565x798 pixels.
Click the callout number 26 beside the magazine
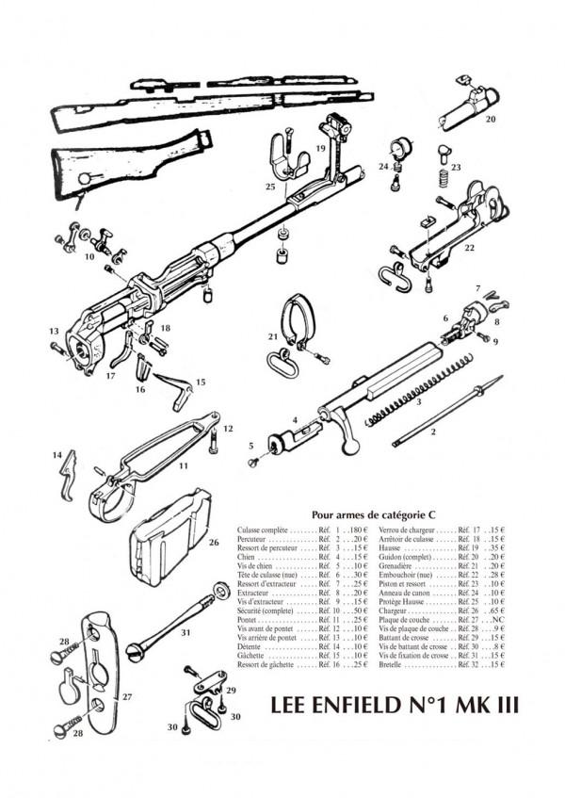click(214, 542)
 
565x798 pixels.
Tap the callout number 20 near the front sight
click(491, 120)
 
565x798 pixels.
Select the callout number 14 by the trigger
click(56, 455)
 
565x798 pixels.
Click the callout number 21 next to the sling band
click(273, 336)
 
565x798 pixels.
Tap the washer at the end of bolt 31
click(220, 591)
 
